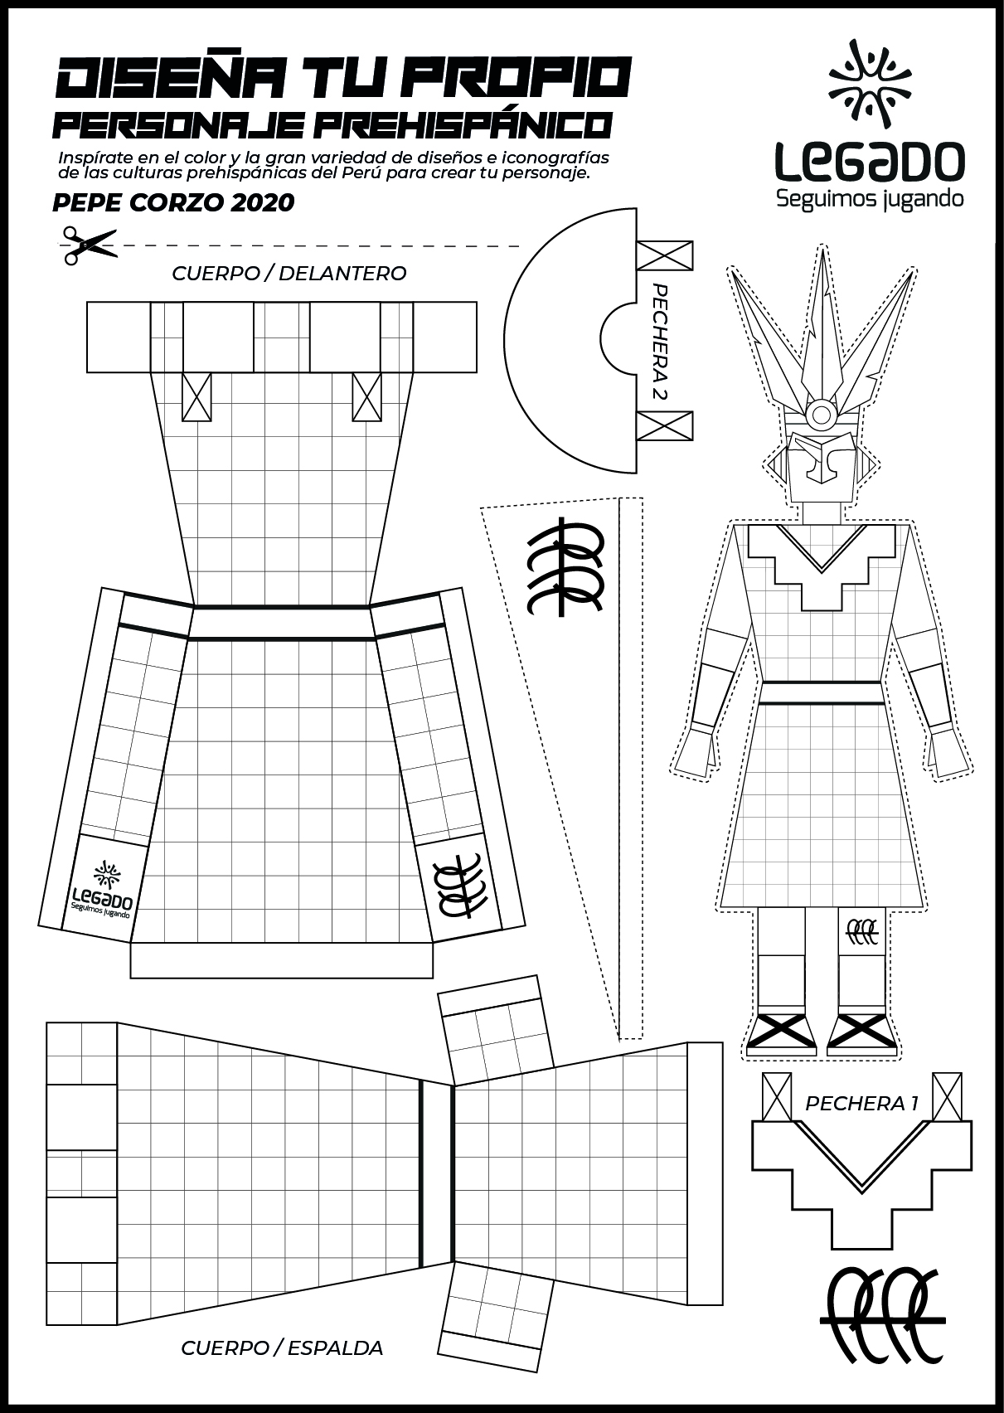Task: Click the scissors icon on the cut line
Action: [87, 245]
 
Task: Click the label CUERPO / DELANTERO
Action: [289, 274]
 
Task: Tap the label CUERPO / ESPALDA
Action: [282, 1348]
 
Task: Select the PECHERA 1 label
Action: [861, 1104]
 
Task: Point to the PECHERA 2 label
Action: [660, 342]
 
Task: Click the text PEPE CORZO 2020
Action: [172, 202]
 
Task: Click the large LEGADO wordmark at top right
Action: [870, 163]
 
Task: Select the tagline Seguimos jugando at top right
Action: [869, 199]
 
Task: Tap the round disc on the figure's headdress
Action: [822, 413]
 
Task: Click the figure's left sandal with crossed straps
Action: [781, 1031]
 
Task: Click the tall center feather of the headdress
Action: [822, 323]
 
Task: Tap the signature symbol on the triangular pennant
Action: [564, 568]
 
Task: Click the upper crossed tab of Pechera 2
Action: [664, 255]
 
